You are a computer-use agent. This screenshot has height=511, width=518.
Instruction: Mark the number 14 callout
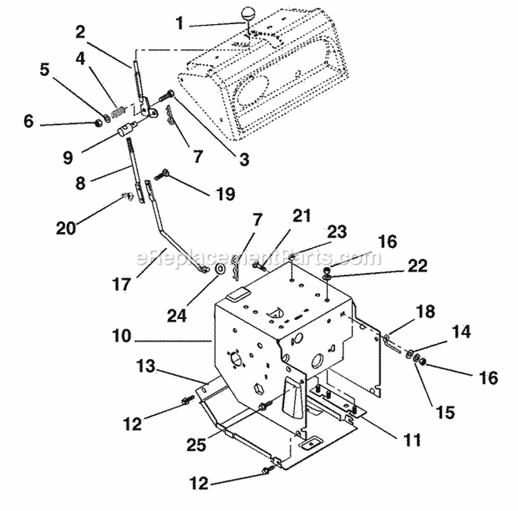pos(461,333)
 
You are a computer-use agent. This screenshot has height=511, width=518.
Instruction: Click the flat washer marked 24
pos(219,269)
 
